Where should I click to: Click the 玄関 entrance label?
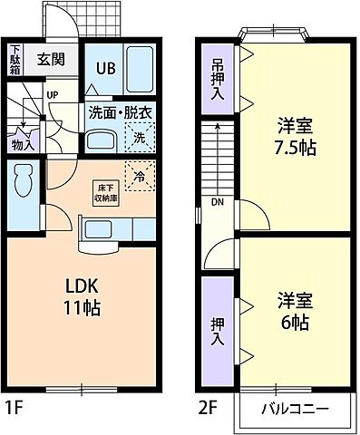click(x=51, y=60)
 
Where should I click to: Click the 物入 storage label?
click(x=21, y=143)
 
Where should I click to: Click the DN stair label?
click(x=218, y=203)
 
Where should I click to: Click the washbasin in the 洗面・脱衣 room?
click(x=100, y=141)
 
